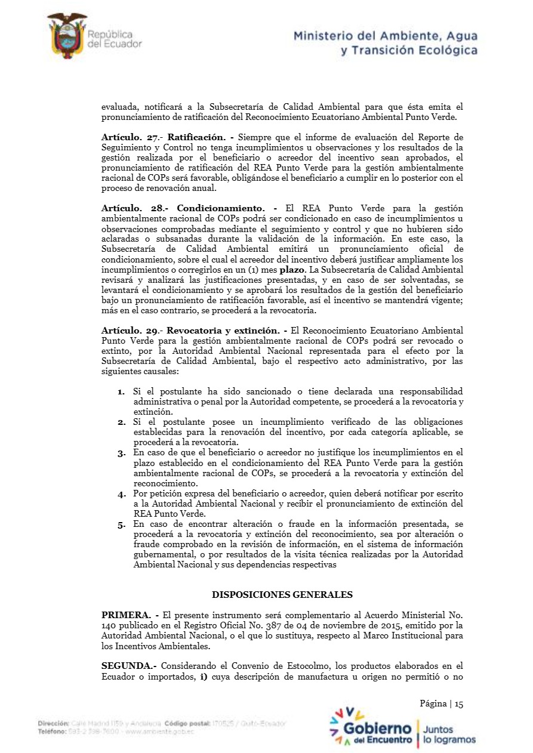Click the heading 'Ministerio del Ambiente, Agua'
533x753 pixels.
tap(385, 36)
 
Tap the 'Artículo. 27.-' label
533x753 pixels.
tap(130, 137)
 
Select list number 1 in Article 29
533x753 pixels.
tap(121, 391)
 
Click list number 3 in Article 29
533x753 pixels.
tap(121, 453)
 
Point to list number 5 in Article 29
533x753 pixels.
tap(121, 524)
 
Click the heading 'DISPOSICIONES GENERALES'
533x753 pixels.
tap(282, 594)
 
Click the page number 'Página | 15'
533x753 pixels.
tap(441, 703)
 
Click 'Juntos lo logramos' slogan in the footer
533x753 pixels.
tap(449, 735)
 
